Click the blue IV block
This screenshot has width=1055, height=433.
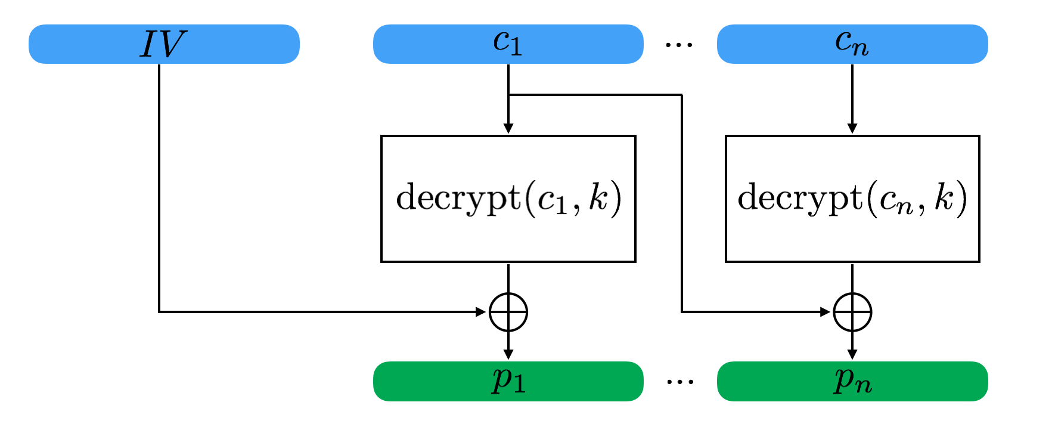(164, 44)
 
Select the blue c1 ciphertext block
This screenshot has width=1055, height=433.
(508, 44)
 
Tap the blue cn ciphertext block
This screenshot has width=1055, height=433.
(852, 44)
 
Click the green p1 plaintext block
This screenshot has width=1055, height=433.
(508, 381)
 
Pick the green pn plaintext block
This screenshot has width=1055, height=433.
(852, 381)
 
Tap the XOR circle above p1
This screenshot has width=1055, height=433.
(508, 311)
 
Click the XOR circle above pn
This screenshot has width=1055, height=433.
(852, 311)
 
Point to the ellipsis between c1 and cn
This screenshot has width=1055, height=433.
(679, 45)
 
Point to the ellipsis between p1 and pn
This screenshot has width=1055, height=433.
(680, 382)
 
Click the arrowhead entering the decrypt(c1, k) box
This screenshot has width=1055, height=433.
(508, 129)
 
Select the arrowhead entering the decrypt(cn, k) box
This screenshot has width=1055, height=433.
(852, 129)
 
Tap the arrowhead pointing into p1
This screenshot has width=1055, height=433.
(508, 354)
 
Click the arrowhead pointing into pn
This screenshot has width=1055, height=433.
(852, 354)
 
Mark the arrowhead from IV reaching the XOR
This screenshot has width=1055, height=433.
(481, 311)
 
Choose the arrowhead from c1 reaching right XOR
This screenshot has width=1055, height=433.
(825, 311)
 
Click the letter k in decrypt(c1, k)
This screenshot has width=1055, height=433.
(598, 197)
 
